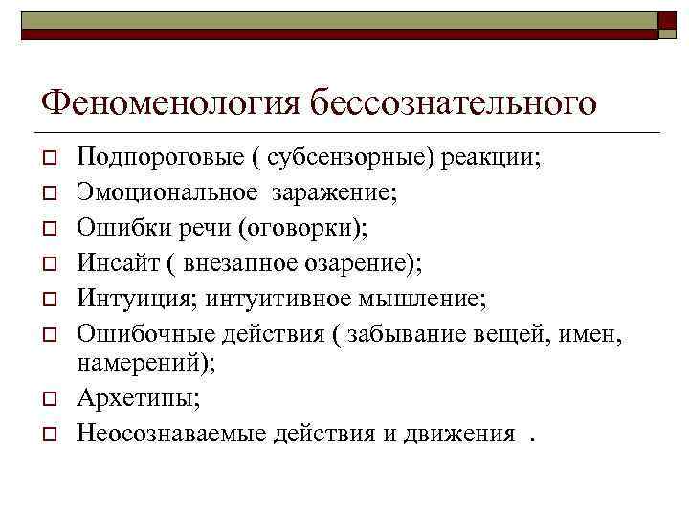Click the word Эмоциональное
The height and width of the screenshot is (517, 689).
point(167,193)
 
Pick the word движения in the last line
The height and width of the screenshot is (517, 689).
point(460,433)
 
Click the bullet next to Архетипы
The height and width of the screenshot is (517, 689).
point(46,398)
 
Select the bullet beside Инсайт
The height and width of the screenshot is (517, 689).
point(46,263)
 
